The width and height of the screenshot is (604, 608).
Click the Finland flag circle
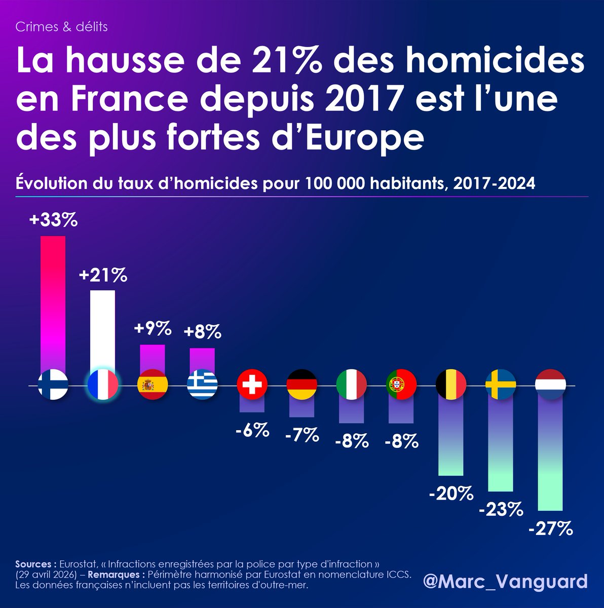53,386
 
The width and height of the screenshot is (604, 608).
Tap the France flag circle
103,386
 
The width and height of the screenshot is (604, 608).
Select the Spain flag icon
153,386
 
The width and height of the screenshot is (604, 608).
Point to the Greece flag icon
203,386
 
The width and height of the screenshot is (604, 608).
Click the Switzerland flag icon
252,386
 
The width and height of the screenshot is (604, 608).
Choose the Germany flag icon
302,386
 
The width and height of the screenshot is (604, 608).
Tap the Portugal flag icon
401,386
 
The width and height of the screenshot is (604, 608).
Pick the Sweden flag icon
501,386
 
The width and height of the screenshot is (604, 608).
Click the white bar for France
102,329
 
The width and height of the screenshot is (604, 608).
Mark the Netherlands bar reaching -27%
550,456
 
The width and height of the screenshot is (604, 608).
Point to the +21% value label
103,276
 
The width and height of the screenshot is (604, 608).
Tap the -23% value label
501,509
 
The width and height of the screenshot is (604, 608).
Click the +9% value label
153,329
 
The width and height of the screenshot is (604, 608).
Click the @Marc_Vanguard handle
505,581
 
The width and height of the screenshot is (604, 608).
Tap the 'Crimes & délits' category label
61,27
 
